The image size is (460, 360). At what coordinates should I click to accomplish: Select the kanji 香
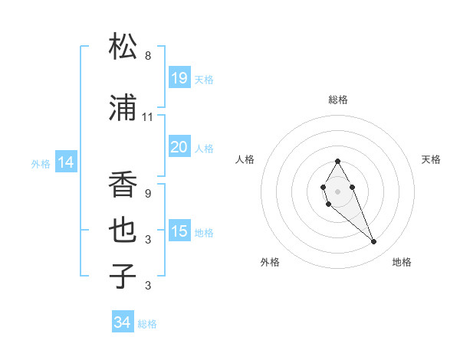[123, 185]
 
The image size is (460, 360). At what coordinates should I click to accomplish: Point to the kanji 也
[123, 231]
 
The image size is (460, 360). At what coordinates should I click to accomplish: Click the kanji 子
[123, 276]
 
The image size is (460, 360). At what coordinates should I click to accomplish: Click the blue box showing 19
[179, 77]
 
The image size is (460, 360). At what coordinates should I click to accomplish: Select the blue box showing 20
[179, 146]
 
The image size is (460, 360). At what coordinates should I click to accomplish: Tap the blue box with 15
[179, 231]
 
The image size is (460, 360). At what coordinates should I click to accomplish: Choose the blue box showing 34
[123, 322]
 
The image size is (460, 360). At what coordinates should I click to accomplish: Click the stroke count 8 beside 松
[148, 56]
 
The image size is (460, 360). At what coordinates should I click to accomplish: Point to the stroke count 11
[148, 117]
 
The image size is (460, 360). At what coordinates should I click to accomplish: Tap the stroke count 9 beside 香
[148, 194]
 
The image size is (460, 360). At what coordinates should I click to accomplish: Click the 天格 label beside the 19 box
[204, 79]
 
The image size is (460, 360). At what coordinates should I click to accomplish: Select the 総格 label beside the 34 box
[147, 324]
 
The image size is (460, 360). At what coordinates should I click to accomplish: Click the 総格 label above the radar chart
[338, 100]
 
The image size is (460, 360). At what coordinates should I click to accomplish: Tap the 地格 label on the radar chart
[402, 262]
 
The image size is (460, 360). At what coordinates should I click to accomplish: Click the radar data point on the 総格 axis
[337, 161]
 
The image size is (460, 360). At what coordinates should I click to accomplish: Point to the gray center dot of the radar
[337, 190]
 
